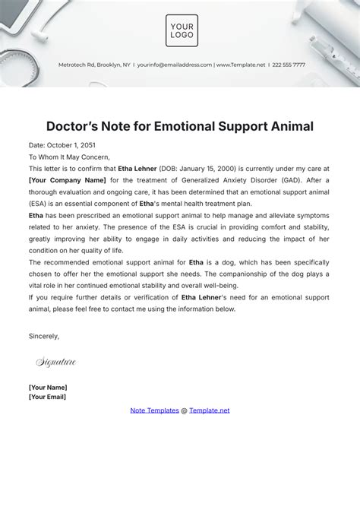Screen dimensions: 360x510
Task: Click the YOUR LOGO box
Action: point(182,30)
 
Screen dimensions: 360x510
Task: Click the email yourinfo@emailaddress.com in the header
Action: point(175,65)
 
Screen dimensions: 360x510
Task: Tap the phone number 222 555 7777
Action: point(288,65)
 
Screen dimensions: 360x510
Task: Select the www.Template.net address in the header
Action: point(241,65)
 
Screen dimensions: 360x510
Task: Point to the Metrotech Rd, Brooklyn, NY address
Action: point(94,65)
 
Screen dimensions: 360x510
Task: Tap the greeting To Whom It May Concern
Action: point(66,157)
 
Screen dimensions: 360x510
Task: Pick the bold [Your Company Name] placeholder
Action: point(67,180)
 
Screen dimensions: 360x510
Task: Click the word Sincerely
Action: point(44,335)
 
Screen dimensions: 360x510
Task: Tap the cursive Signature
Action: point(56,363)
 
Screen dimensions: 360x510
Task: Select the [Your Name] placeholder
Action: point(49,387)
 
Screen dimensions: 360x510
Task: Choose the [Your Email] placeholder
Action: point(47,397)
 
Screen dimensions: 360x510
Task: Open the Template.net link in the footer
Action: point(209,410)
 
